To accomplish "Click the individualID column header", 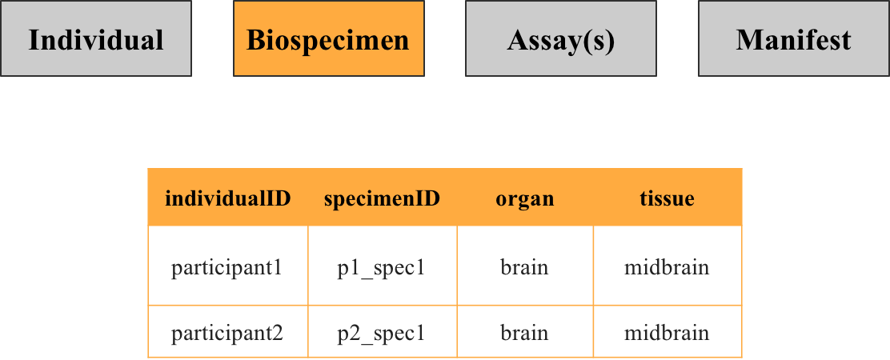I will pyautogui.click(x=227, y=198).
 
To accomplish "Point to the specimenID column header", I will pyautogui.click(x=382, y=198).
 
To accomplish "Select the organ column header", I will pyautogui.click(x=525, y=198).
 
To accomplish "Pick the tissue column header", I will pyautogui.click(x=667, y=198).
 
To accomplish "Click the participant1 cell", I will pyautogui.click(x=227, y=266).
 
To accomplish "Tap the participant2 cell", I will pyautogui.click(x=227, y=331).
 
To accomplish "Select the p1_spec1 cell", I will pyautogui.click(x=382, y=266).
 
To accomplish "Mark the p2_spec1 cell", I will pyautogui.click(x=382, y=331).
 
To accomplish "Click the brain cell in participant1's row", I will pyautogui.click(x=525, y=266).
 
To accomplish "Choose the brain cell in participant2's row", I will pyautogui.click(x=525, y=331).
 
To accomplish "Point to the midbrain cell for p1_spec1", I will pyautogui.click(x=667, y=266).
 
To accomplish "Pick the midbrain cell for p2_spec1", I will pyautogui.click(x=667, y=331).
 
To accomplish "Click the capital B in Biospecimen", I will pyautogui.click(x=255, y=40).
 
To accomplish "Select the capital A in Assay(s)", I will pyautogui.click(x=517, y=40).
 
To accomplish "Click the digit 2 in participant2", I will pyautogui.click(x=278, y=331).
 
